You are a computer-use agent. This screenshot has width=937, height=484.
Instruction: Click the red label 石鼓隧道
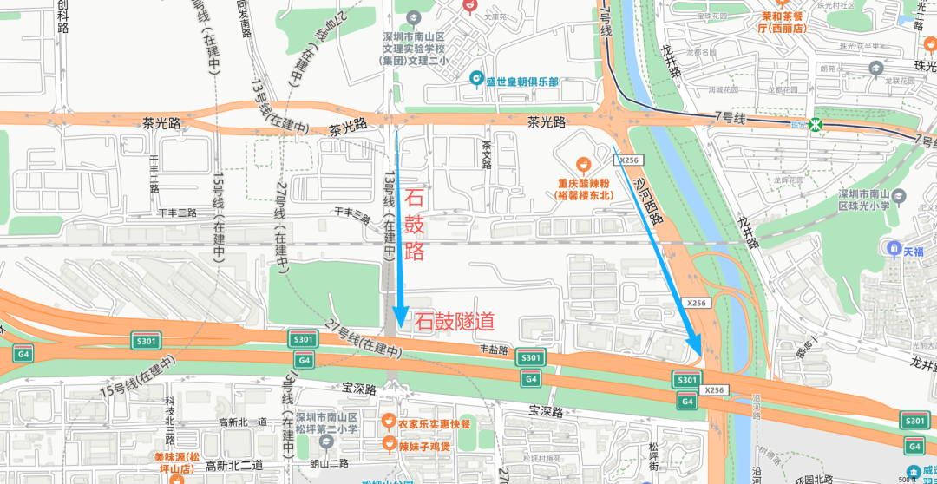(x=455, y=322)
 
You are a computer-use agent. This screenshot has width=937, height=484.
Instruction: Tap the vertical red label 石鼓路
(x=415, y=226)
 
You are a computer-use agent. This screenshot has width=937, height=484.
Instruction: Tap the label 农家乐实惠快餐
(x=434, y=423)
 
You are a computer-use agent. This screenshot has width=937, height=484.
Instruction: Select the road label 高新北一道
(x=243, y=422)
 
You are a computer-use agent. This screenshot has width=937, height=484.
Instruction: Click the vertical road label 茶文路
(x=487, y=155)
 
